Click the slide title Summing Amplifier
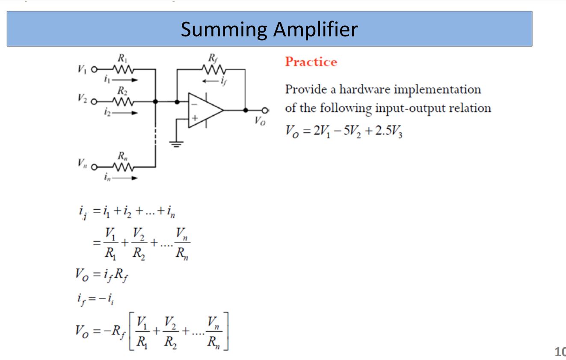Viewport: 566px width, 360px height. pyautogui.click(x=269, y=29)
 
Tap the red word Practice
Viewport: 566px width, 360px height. pyautogui.click(x=311, y=62)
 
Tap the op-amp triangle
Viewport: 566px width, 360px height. pyautogui.click(x=204, y=110)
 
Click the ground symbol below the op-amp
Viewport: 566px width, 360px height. pyautogui.click(x=177, y=144)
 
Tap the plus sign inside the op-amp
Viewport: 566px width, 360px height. pyautogui.click(x=194, y=117)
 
